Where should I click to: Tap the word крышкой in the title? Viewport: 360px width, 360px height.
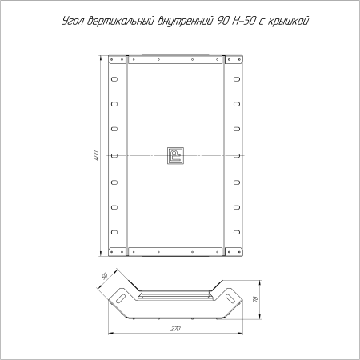[x=288, y=21]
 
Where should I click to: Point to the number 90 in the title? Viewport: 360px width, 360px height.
[x=222, y=21]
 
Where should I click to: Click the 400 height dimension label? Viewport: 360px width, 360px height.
[x=97, y=155]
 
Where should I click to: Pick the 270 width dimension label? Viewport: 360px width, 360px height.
[x=175, y=329]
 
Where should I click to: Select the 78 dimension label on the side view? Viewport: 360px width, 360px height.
[x=255, y=299]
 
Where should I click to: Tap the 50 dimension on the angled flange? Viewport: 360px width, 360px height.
[x=104, y=276]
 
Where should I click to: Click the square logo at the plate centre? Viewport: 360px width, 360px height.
[x=175, y=155]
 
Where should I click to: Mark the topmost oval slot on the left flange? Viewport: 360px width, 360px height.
[x=114, y=79]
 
